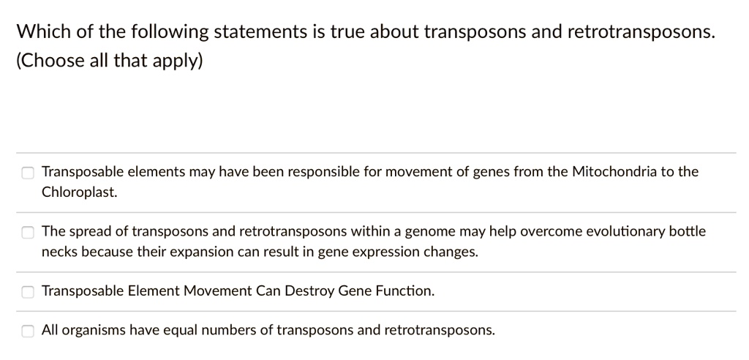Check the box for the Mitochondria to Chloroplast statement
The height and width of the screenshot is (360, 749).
pos(27,173)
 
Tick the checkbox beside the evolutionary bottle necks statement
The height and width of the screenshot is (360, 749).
pos(27,233)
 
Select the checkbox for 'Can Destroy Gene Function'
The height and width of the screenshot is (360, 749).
pos(27,292)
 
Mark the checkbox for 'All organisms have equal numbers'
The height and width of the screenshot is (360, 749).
pos(27,331)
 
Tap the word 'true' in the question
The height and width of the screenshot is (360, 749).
pos(342,31)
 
